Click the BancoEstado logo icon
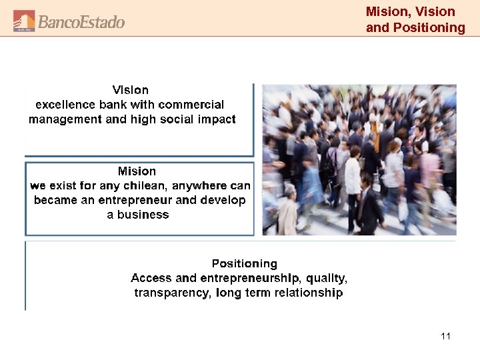(24, 21)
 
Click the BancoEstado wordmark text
(81, 22)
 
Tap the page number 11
(445, 336)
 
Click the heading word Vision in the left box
(131, 90)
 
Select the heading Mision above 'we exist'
(137, 171)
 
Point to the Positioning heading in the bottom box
(244, 264)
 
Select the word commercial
(191, 105)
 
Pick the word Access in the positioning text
(151, 278)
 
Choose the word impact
(217, 119)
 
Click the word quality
(325, 278)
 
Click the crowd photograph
(359, 159)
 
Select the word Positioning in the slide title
(430, 27)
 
